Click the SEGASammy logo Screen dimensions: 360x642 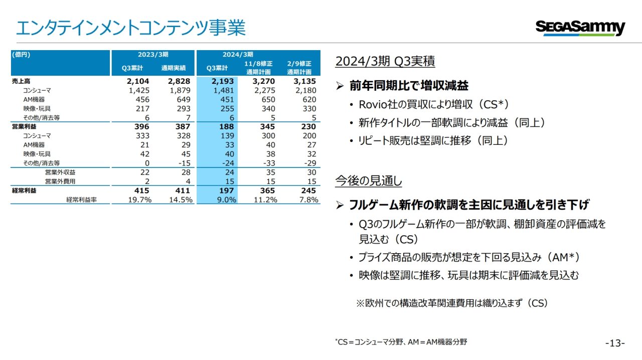[580, 27]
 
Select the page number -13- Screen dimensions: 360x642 [615, 343]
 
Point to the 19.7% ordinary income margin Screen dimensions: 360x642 [140, 200]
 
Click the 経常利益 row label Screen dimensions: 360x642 [24, 191]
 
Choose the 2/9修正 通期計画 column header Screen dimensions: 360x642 [299, 68]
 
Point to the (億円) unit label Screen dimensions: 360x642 [22, 55]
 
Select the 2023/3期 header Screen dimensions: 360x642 [153, 55]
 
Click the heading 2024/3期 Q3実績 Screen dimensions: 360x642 [385, 61]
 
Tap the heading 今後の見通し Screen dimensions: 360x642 [368, 181]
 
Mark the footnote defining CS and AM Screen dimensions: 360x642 [401, 342]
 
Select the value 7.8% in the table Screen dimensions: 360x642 [308, 200]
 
